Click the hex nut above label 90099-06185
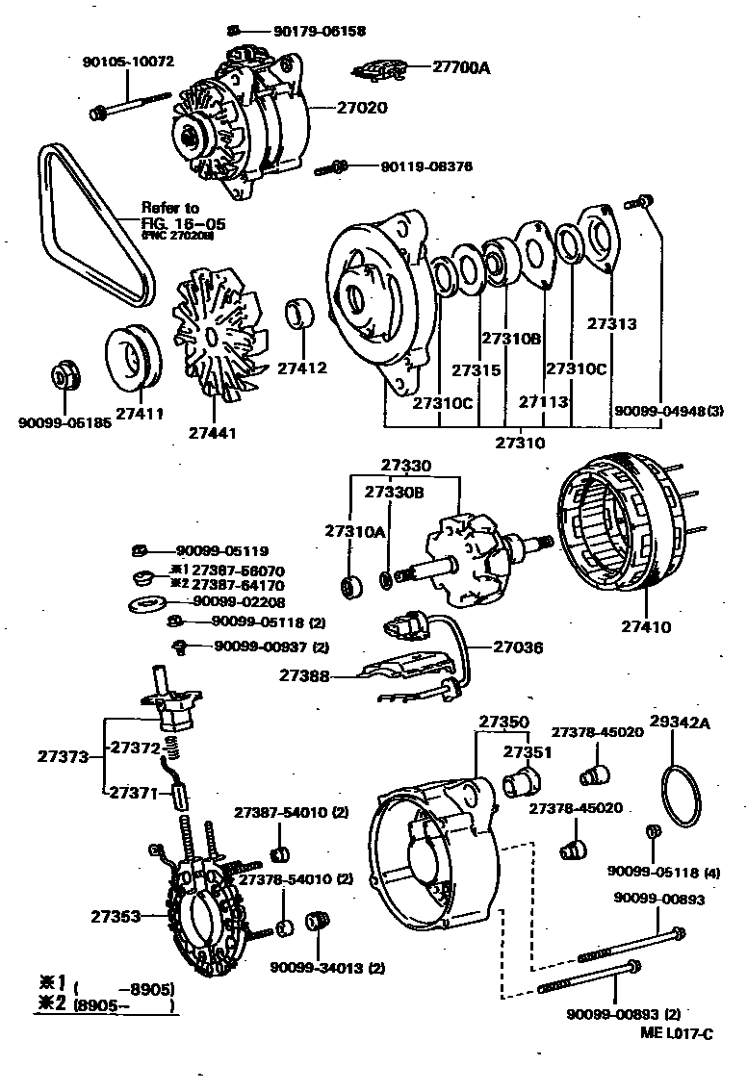point(64,374)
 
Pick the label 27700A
point(461,67)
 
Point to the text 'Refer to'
point(170,207)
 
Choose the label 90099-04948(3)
point(668,413)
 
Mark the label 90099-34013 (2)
point(327,968)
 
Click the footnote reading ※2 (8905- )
point(108,1006)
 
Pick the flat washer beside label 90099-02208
point(146,603)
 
